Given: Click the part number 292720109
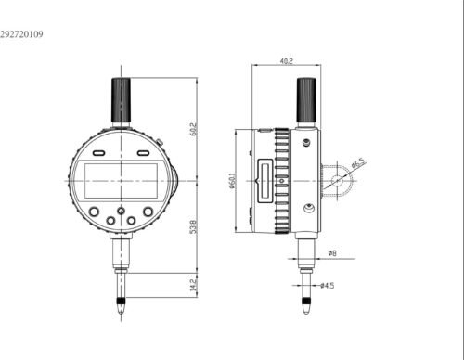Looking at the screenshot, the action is tap(21, 34).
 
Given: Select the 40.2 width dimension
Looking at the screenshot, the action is tap(286, 61).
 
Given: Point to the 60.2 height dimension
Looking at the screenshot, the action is tap(193, 129).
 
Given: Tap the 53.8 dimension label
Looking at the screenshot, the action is tap(193, 226).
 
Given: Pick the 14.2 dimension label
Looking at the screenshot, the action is tap(193, 285).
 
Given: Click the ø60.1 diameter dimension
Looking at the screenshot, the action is tap(232, 181).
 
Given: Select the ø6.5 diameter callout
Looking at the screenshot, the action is tap(359, 163).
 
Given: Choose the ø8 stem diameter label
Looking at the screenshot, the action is tap(332, 253).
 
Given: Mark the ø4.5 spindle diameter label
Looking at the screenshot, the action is tap(328, 285).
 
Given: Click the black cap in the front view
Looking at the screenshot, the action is tap(121, 100).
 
